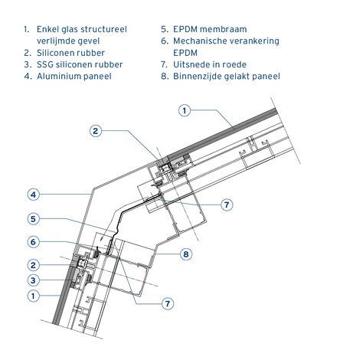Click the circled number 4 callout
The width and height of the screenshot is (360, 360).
click(34, 195)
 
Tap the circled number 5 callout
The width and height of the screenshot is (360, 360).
click(34, 219)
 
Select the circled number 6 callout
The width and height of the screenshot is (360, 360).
click(34, 242)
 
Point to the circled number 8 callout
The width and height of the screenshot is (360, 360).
click(186, 254)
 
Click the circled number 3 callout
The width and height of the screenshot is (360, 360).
click(34, 280)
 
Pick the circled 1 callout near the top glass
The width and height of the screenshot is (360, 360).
click(185, 110)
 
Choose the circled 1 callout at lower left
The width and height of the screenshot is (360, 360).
click(34, 296)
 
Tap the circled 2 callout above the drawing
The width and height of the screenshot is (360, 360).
click(96, 131)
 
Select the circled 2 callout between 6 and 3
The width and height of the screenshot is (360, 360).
click(34, 265)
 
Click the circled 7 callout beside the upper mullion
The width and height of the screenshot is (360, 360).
click(227, 205)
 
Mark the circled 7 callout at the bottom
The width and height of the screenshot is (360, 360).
click(168, 303)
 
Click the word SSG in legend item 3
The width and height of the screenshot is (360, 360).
click(45, 64)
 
